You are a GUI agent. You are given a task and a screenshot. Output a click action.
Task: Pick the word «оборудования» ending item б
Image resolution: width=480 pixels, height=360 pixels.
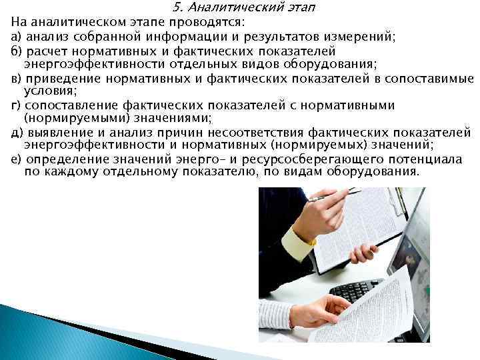340,64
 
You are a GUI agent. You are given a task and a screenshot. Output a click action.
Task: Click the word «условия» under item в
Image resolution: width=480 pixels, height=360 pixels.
47,91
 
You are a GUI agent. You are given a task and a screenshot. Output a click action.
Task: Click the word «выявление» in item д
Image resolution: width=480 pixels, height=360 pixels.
53,133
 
